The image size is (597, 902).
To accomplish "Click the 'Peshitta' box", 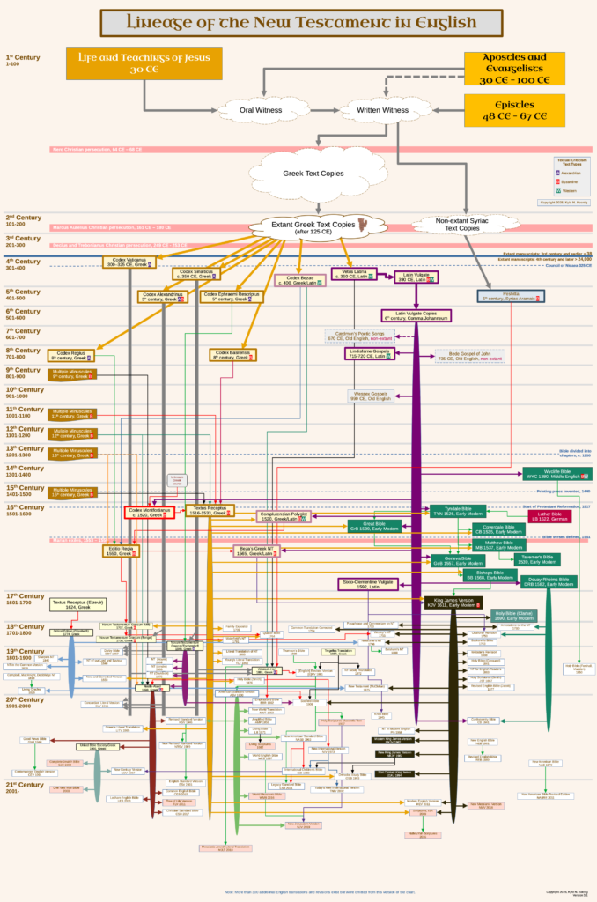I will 511,296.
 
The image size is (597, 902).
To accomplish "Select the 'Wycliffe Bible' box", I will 556,473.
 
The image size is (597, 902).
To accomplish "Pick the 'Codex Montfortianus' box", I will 151,513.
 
